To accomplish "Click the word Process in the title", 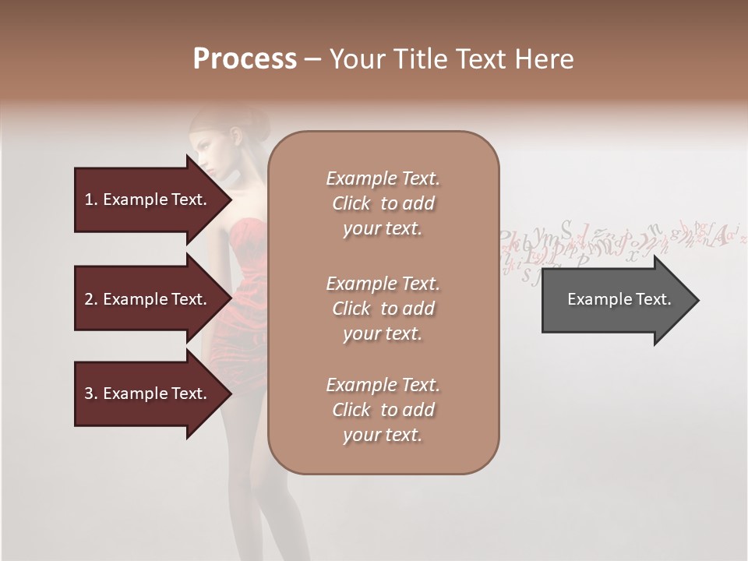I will [x=245, y=59].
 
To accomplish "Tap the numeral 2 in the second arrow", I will [x=89, y=299].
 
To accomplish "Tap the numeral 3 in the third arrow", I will [x=89, y=393].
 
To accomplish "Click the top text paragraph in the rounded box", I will [x=383, y=203].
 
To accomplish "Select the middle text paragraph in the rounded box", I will [x=383, y=308].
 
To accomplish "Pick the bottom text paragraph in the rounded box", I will [x=383, y=410].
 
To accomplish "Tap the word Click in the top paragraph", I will [x=351, y=203].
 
